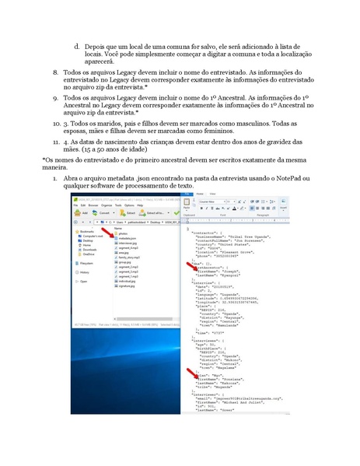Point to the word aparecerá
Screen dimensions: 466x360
(x=101, y=61)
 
